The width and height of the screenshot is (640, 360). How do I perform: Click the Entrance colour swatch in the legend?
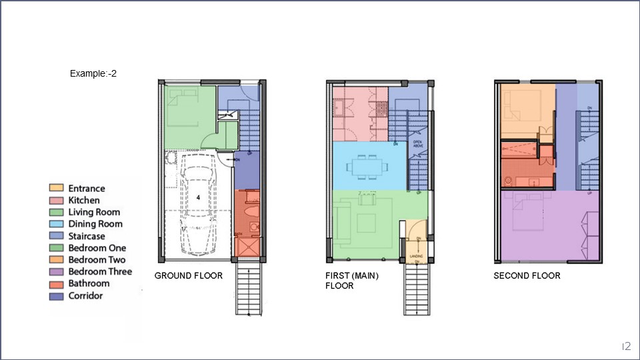pos(57,189)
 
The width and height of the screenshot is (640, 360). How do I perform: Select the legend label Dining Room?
pos(96,224)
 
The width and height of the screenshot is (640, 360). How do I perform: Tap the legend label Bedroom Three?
pos(100,271)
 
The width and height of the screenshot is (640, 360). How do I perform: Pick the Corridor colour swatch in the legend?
pos(57,295)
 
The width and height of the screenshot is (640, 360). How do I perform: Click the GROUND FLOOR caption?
pos(189,275)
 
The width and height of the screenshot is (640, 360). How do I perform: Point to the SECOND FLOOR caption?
pos(527,275)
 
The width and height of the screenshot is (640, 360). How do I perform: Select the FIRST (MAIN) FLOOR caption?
pos(352,280)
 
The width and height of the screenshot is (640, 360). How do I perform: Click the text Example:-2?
pos(93,73)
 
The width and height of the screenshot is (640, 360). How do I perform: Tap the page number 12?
pos(626,346)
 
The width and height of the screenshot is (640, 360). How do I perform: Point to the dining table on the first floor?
pos(365,165)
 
